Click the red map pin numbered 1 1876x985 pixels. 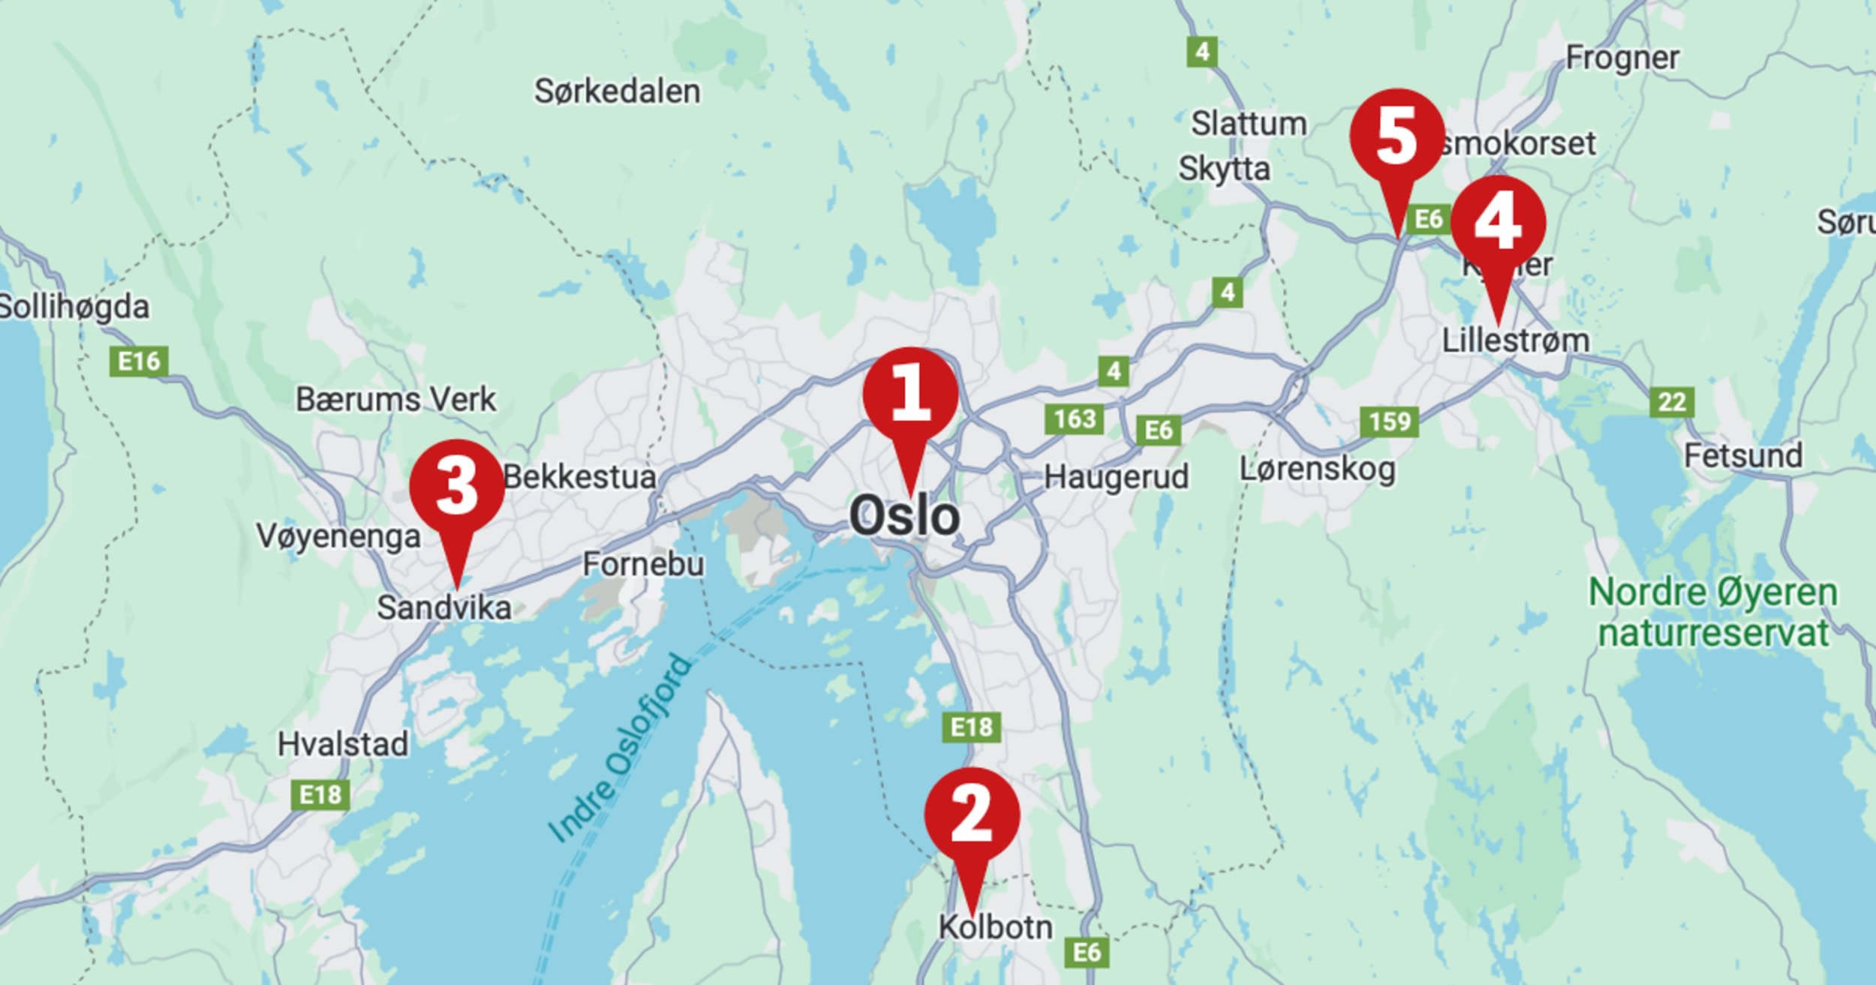pos(910,398)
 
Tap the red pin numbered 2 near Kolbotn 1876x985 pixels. pos(972,816)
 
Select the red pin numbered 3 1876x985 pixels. pos(456,488)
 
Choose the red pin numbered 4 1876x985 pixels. pos(1498,225)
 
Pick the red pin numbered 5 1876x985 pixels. pos(1396,137)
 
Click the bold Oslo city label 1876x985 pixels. pos(904,516)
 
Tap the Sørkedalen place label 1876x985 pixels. pos(617,92)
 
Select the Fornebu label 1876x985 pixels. pos(643,564)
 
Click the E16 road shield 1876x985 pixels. pos(139,362)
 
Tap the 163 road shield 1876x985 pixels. pos(1075,419)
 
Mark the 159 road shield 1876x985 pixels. pos(1390,422)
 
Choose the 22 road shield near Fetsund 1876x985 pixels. pos(1672,402)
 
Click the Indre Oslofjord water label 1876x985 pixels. pos(619,748)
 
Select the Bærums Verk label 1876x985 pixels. pos(395,399)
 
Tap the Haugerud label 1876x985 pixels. pos(1116,477)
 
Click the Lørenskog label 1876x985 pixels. pos(1317,470)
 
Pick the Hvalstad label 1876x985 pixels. pos(343,744)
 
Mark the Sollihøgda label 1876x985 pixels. pos(74,307)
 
